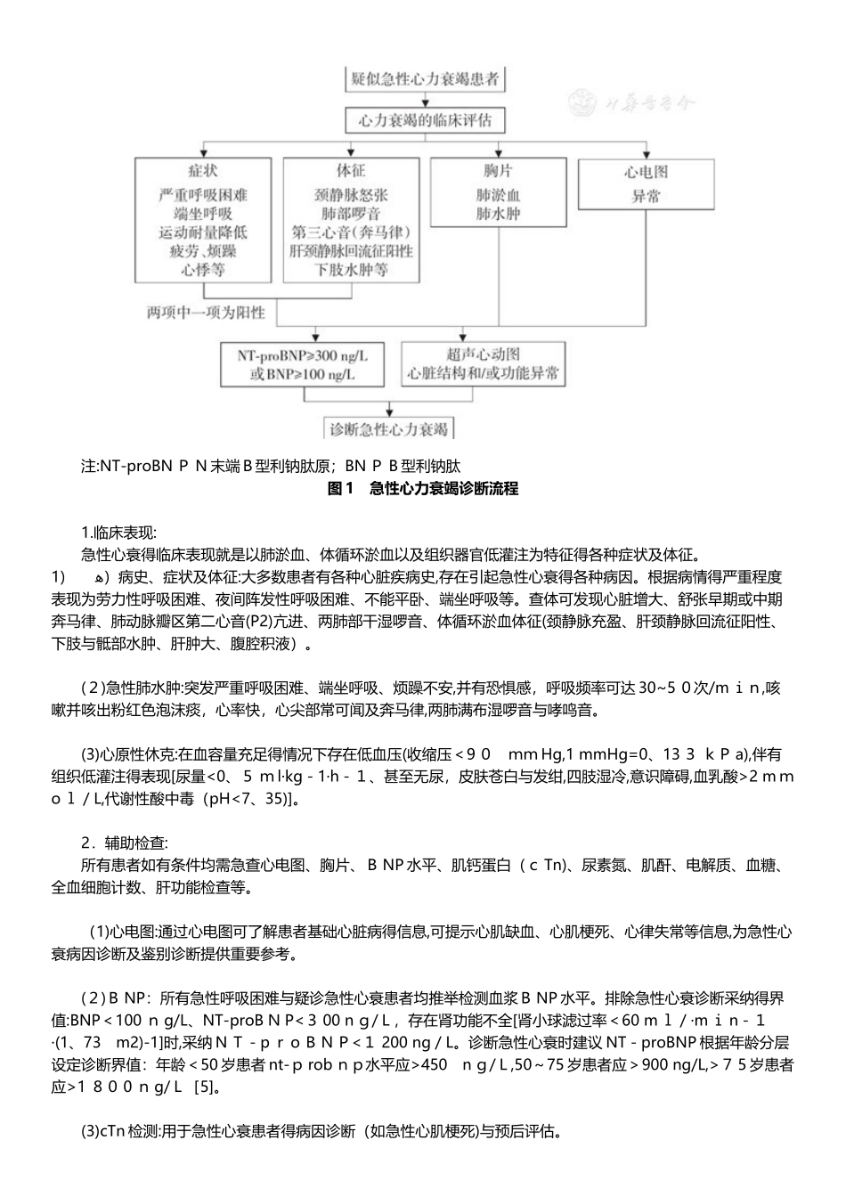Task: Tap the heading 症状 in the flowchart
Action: coord(202,170)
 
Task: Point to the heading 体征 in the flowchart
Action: coord(351,170)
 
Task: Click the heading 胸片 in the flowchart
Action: coord(498,170)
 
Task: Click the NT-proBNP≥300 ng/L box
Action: coord(303,364)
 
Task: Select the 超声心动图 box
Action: coord(484,364)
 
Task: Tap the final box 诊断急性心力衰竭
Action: coord(388,428)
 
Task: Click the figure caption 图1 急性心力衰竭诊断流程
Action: coord(423,488)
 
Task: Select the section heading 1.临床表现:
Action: coord(118,533)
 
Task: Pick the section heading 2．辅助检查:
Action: coord(124,842)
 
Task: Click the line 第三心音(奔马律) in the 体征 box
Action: coord(351,232)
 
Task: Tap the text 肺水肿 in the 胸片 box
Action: coord(498,214)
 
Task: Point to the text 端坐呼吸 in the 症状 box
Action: coord(202,214)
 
